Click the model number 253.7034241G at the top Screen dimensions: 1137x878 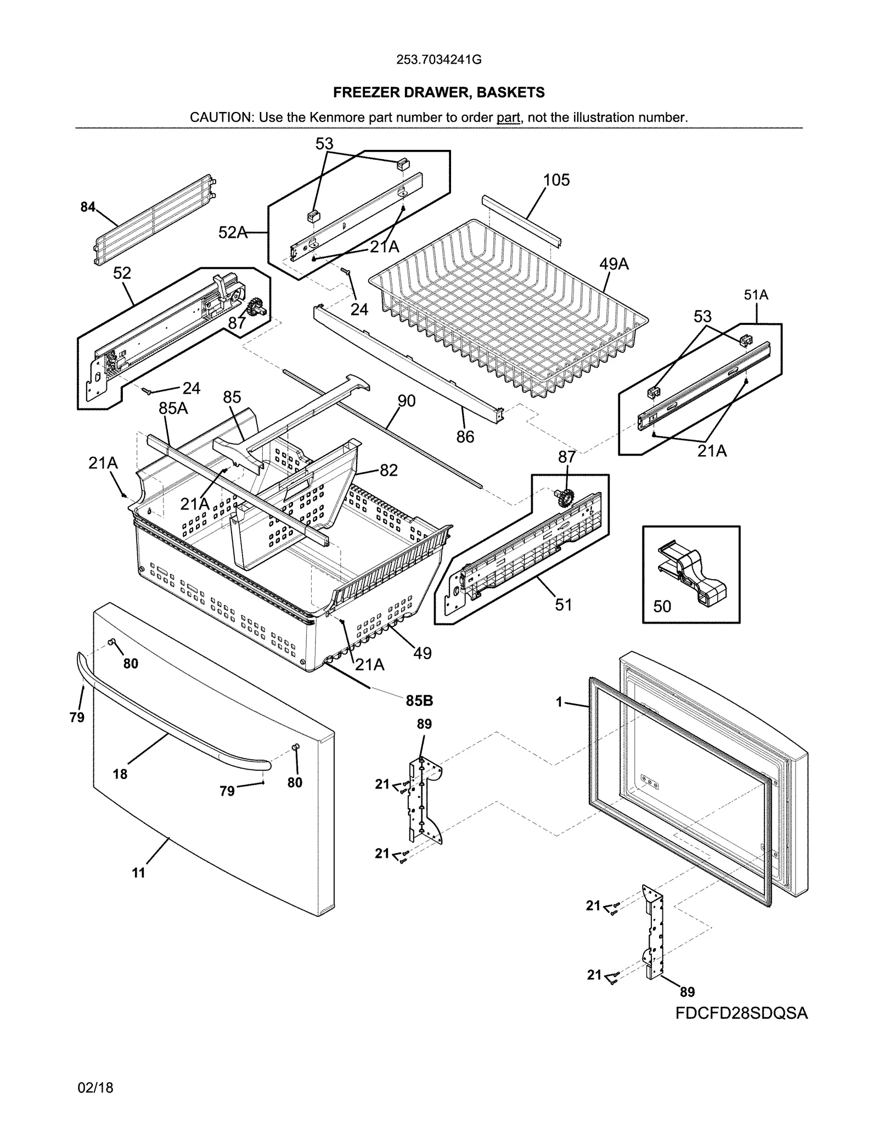(438, 60)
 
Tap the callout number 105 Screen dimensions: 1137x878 (556, 180)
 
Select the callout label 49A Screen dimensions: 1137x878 (614, 264)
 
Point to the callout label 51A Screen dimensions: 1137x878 (756, 295)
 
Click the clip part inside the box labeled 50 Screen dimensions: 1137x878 (692, 574)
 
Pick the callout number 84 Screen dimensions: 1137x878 (87, 207)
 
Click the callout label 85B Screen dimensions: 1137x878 (419, 701)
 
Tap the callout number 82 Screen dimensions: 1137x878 (388, 470)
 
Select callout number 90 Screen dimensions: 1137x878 (406, 401)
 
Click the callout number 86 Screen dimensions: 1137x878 (465, 436)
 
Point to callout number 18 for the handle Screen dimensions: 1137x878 (120, 774)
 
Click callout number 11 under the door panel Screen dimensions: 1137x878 (138, 872)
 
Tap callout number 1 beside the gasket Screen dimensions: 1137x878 (559, 702)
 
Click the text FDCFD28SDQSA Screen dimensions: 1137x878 (741, 1013)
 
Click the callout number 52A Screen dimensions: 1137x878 (232, 233)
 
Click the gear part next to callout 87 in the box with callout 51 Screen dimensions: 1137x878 (564, 498)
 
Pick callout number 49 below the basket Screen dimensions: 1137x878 (422, 653)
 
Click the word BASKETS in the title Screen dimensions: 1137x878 (510, 93)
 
